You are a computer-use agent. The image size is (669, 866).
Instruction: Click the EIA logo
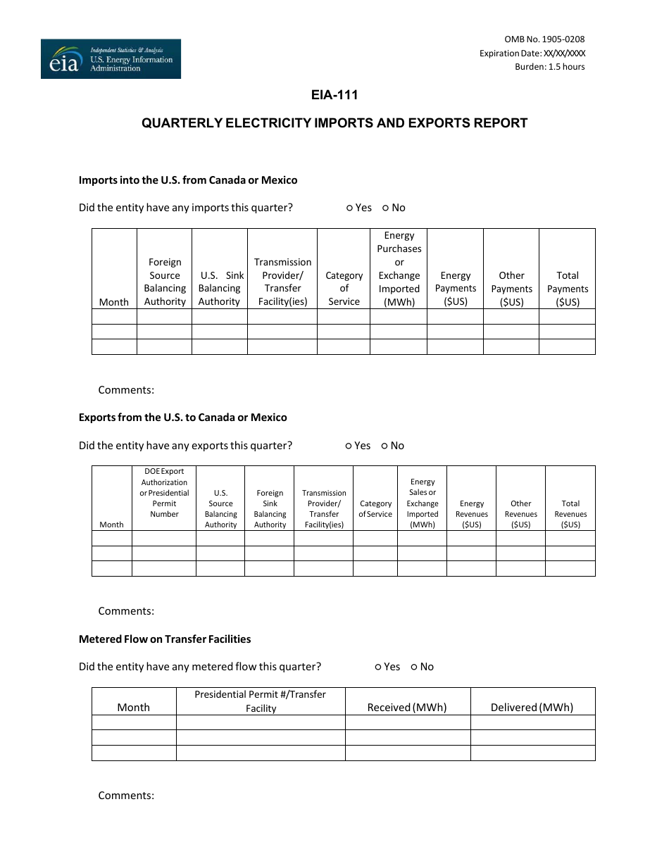(x=111, y=59)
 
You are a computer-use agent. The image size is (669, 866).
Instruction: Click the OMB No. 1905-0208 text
(x=544, y=39)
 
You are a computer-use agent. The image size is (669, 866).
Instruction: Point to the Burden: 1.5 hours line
(x=549, y=67)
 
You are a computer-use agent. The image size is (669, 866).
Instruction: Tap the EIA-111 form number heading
(x=334, y=95)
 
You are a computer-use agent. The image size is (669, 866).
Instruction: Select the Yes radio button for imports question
(x=350, y=208)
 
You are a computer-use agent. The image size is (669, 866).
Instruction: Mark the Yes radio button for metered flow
(x=378, y=667)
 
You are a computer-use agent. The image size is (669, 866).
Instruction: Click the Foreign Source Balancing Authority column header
(x=165, y=282)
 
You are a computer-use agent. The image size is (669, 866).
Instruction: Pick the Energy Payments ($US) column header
(x=456, y=289)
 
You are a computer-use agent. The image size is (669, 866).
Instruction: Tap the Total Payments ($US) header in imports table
(x=567, y=289)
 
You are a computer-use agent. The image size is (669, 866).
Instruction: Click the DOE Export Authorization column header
(x=164, y=493)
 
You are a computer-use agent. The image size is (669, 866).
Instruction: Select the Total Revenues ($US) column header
(x=570, y=514)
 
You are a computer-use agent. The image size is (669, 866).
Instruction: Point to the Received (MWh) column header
(x=407, y=708)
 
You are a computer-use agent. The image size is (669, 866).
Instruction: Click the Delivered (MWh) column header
(x=532, y=708)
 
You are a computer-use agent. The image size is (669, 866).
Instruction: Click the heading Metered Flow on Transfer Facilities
(x=165, y=639)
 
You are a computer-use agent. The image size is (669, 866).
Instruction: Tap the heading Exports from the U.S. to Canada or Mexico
(x=183, y=418)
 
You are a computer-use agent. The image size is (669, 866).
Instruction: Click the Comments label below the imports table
(x=126, y=390)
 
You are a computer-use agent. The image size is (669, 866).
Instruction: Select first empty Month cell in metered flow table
(x=134, y=722)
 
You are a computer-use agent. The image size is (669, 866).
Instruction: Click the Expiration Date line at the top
(x=532, y=54)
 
